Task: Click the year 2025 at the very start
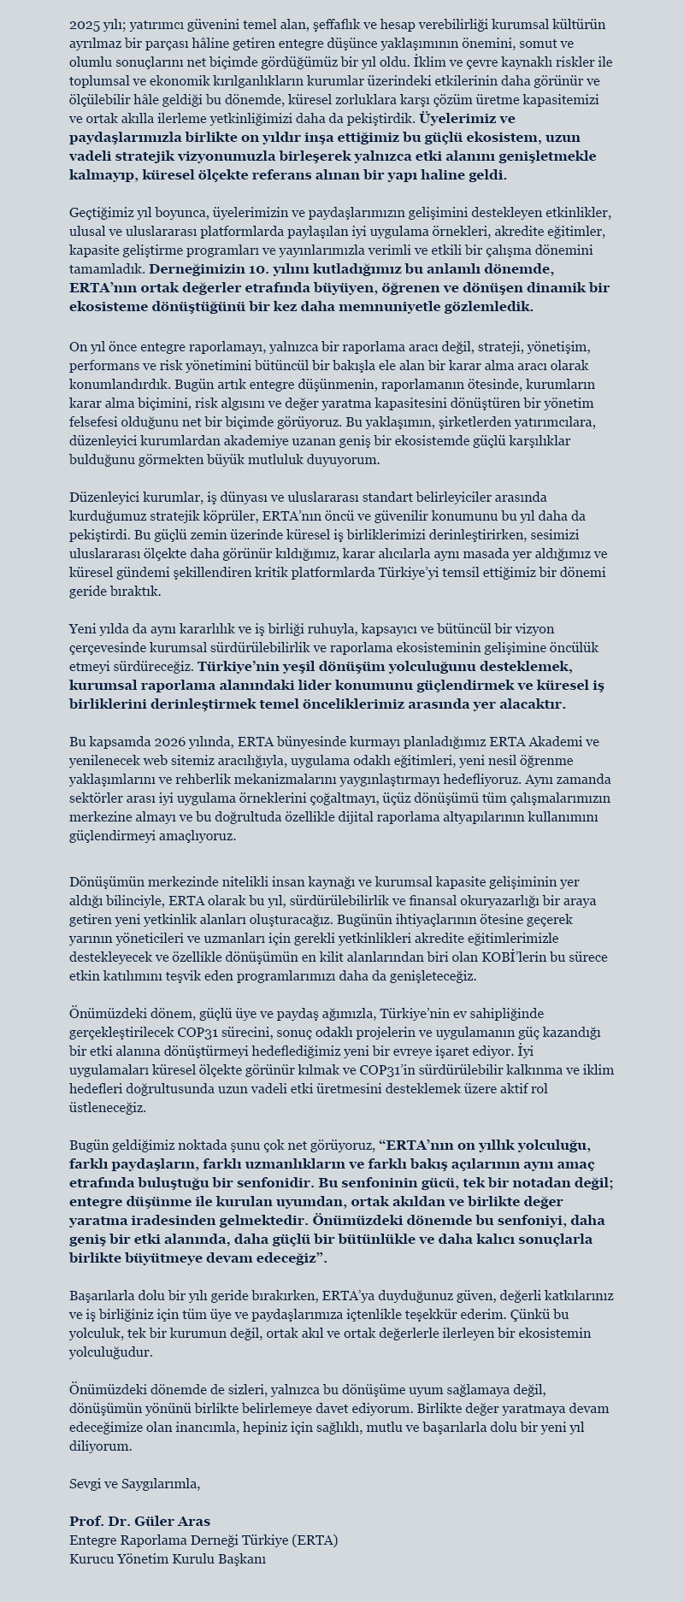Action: click(x=85, y=25)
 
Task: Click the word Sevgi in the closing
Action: click(x=85, y=1484)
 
